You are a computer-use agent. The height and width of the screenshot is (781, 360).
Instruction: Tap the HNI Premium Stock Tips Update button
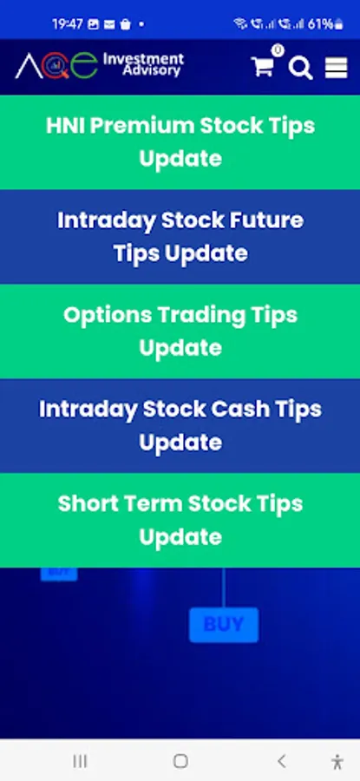coord(180,142)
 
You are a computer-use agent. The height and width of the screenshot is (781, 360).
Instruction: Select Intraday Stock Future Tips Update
coord(180,237)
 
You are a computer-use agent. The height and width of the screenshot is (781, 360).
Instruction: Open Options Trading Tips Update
coord(180,331)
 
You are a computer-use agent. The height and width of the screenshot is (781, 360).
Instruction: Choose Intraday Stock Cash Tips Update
coord(180,426)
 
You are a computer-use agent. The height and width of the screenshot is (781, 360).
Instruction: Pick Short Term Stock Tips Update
coord(180,521)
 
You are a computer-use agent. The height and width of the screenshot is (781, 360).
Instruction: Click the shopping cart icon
coord(262,67)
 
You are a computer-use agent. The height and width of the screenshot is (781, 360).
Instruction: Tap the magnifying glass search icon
coord(301,68)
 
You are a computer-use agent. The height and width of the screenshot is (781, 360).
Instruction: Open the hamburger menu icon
coord(336,68)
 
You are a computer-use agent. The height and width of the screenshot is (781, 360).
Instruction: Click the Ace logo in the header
coord(56,65)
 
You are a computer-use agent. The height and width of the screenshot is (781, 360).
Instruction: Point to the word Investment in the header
coord(143,60)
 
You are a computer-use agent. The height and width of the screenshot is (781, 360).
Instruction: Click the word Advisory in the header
coord(152,71)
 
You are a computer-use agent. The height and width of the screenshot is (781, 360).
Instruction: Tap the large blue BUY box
coord(224,625)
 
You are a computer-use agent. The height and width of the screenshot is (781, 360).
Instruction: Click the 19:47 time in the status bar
coord(67,24)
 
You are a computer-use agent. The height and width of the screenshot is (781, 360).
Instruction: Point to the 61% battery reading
coord(320,24)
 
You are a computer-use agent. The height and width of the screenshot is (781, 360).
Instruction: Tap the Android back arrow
coord(281,760)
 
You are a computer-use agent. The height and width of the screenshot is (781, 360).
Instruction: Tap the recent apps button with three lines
coord(80,760)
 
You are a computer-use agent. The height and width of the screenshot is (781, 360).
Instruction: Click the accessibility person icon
coord(337,762)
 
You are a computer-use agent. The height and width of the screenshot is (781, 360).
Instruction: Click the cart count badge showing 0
coord(278,50)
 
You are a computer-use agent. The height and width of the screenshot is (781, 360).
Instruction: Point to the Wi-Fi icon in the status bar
coord(240,24)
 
